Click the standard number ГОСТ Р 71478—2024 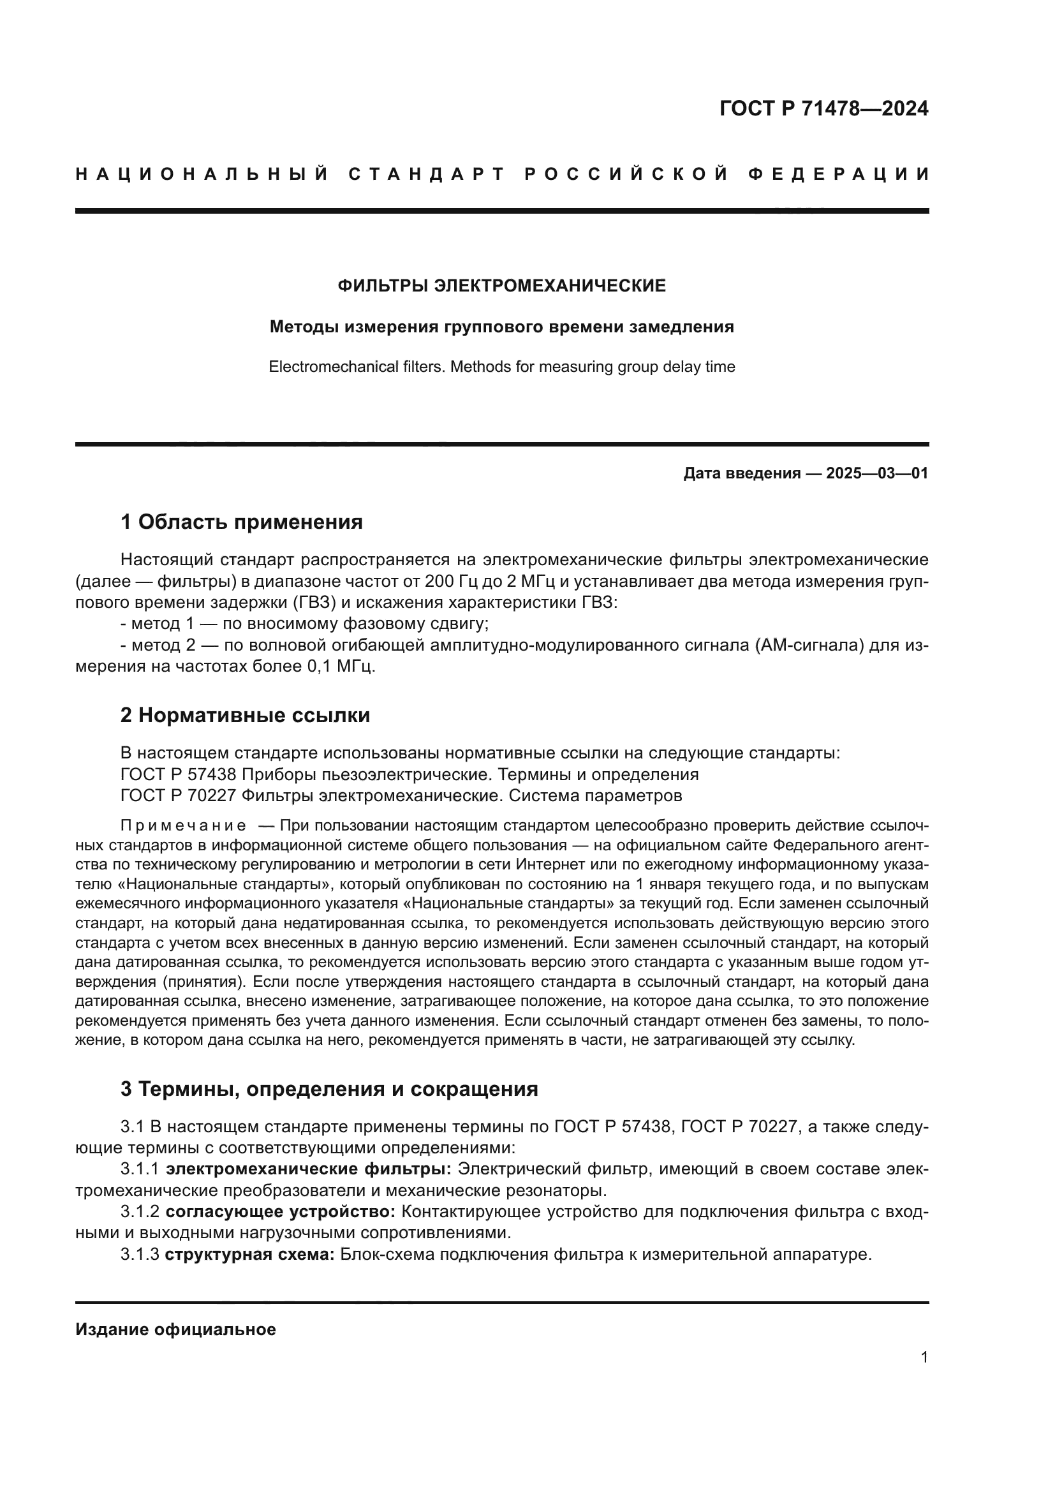pos(823,108)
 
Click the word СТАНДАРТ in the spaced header pos(426,174)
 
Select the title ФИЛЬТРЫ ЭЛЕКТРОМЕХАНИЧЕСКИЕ pos(501,286)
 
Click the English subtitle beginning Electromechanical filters pos(501,367)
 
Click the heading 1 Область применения pos(242,521)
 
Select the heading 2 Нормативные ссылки pos(245,715)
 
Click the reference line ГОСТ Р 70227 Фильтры pos(401,795)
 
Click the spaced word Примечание pos(182,826)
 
